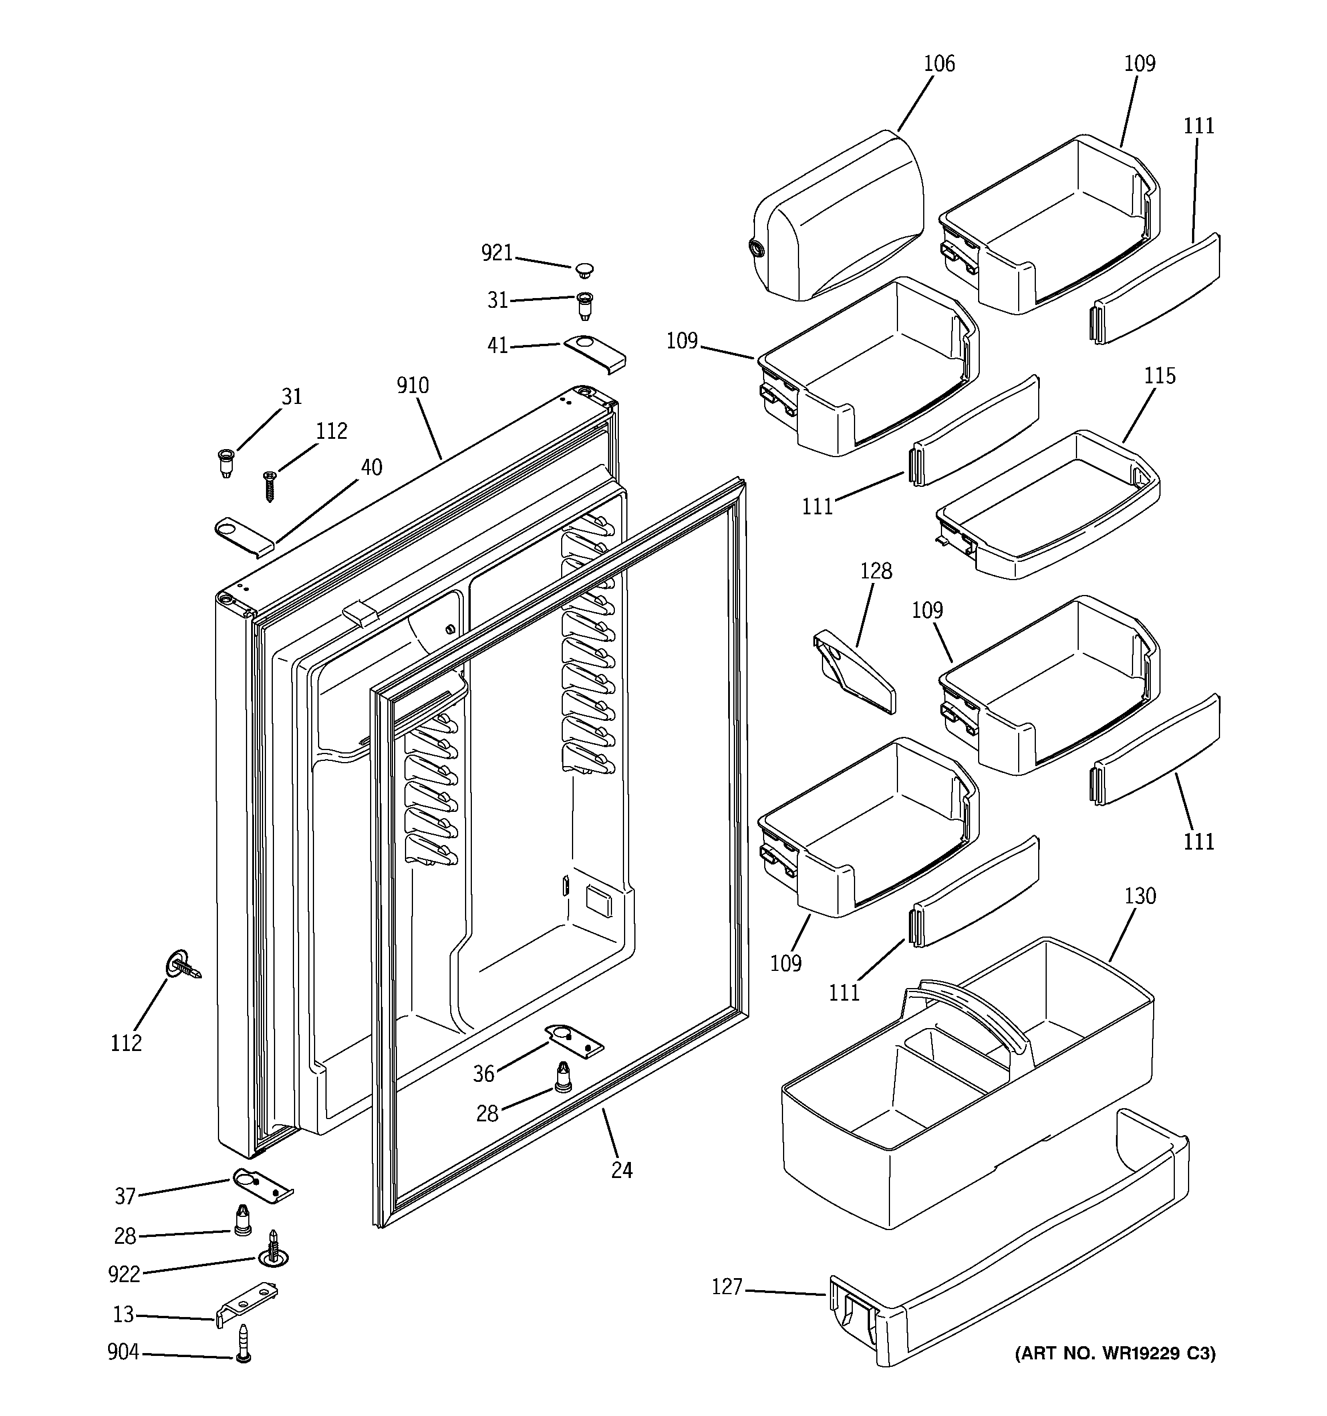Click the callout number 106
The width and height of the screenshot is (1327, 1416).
938,64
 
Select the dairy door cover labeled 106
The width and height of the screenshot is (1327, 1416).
837,218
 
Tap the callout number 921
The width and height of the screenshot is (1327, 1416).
496,253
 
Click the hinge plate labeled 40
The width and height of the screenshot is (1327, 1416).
244,535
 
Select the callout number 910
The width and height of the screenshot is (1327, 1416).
412,386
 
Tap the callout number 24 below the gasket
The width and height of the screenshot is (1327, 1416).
621,1169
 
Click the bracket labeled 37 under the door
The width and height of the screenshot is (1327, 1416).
262,1186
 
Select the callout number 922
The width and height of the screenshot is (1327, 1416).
124,1274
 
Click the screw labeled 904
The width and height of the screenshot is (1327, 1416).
244,1343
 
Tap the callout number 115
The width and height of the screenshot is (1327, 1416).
1159,376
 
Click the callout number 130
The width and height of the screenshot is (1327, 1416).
1139,896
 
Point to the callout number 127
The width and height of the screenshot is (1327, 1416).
726,1287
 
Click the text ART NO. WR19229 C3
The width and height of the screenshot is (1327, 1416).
1115,1353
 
